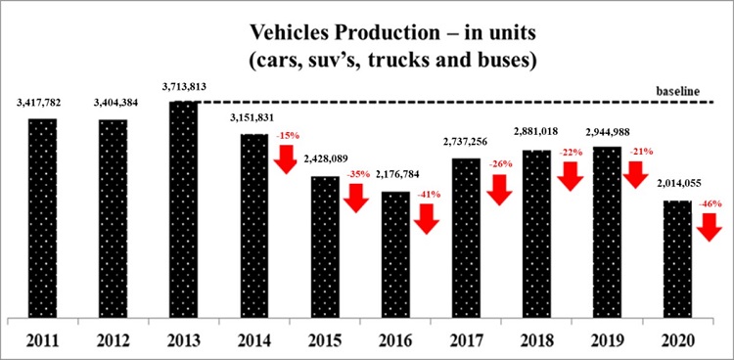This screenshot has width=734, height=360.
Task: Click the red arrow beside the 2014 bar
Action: [x=287, y=159]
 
